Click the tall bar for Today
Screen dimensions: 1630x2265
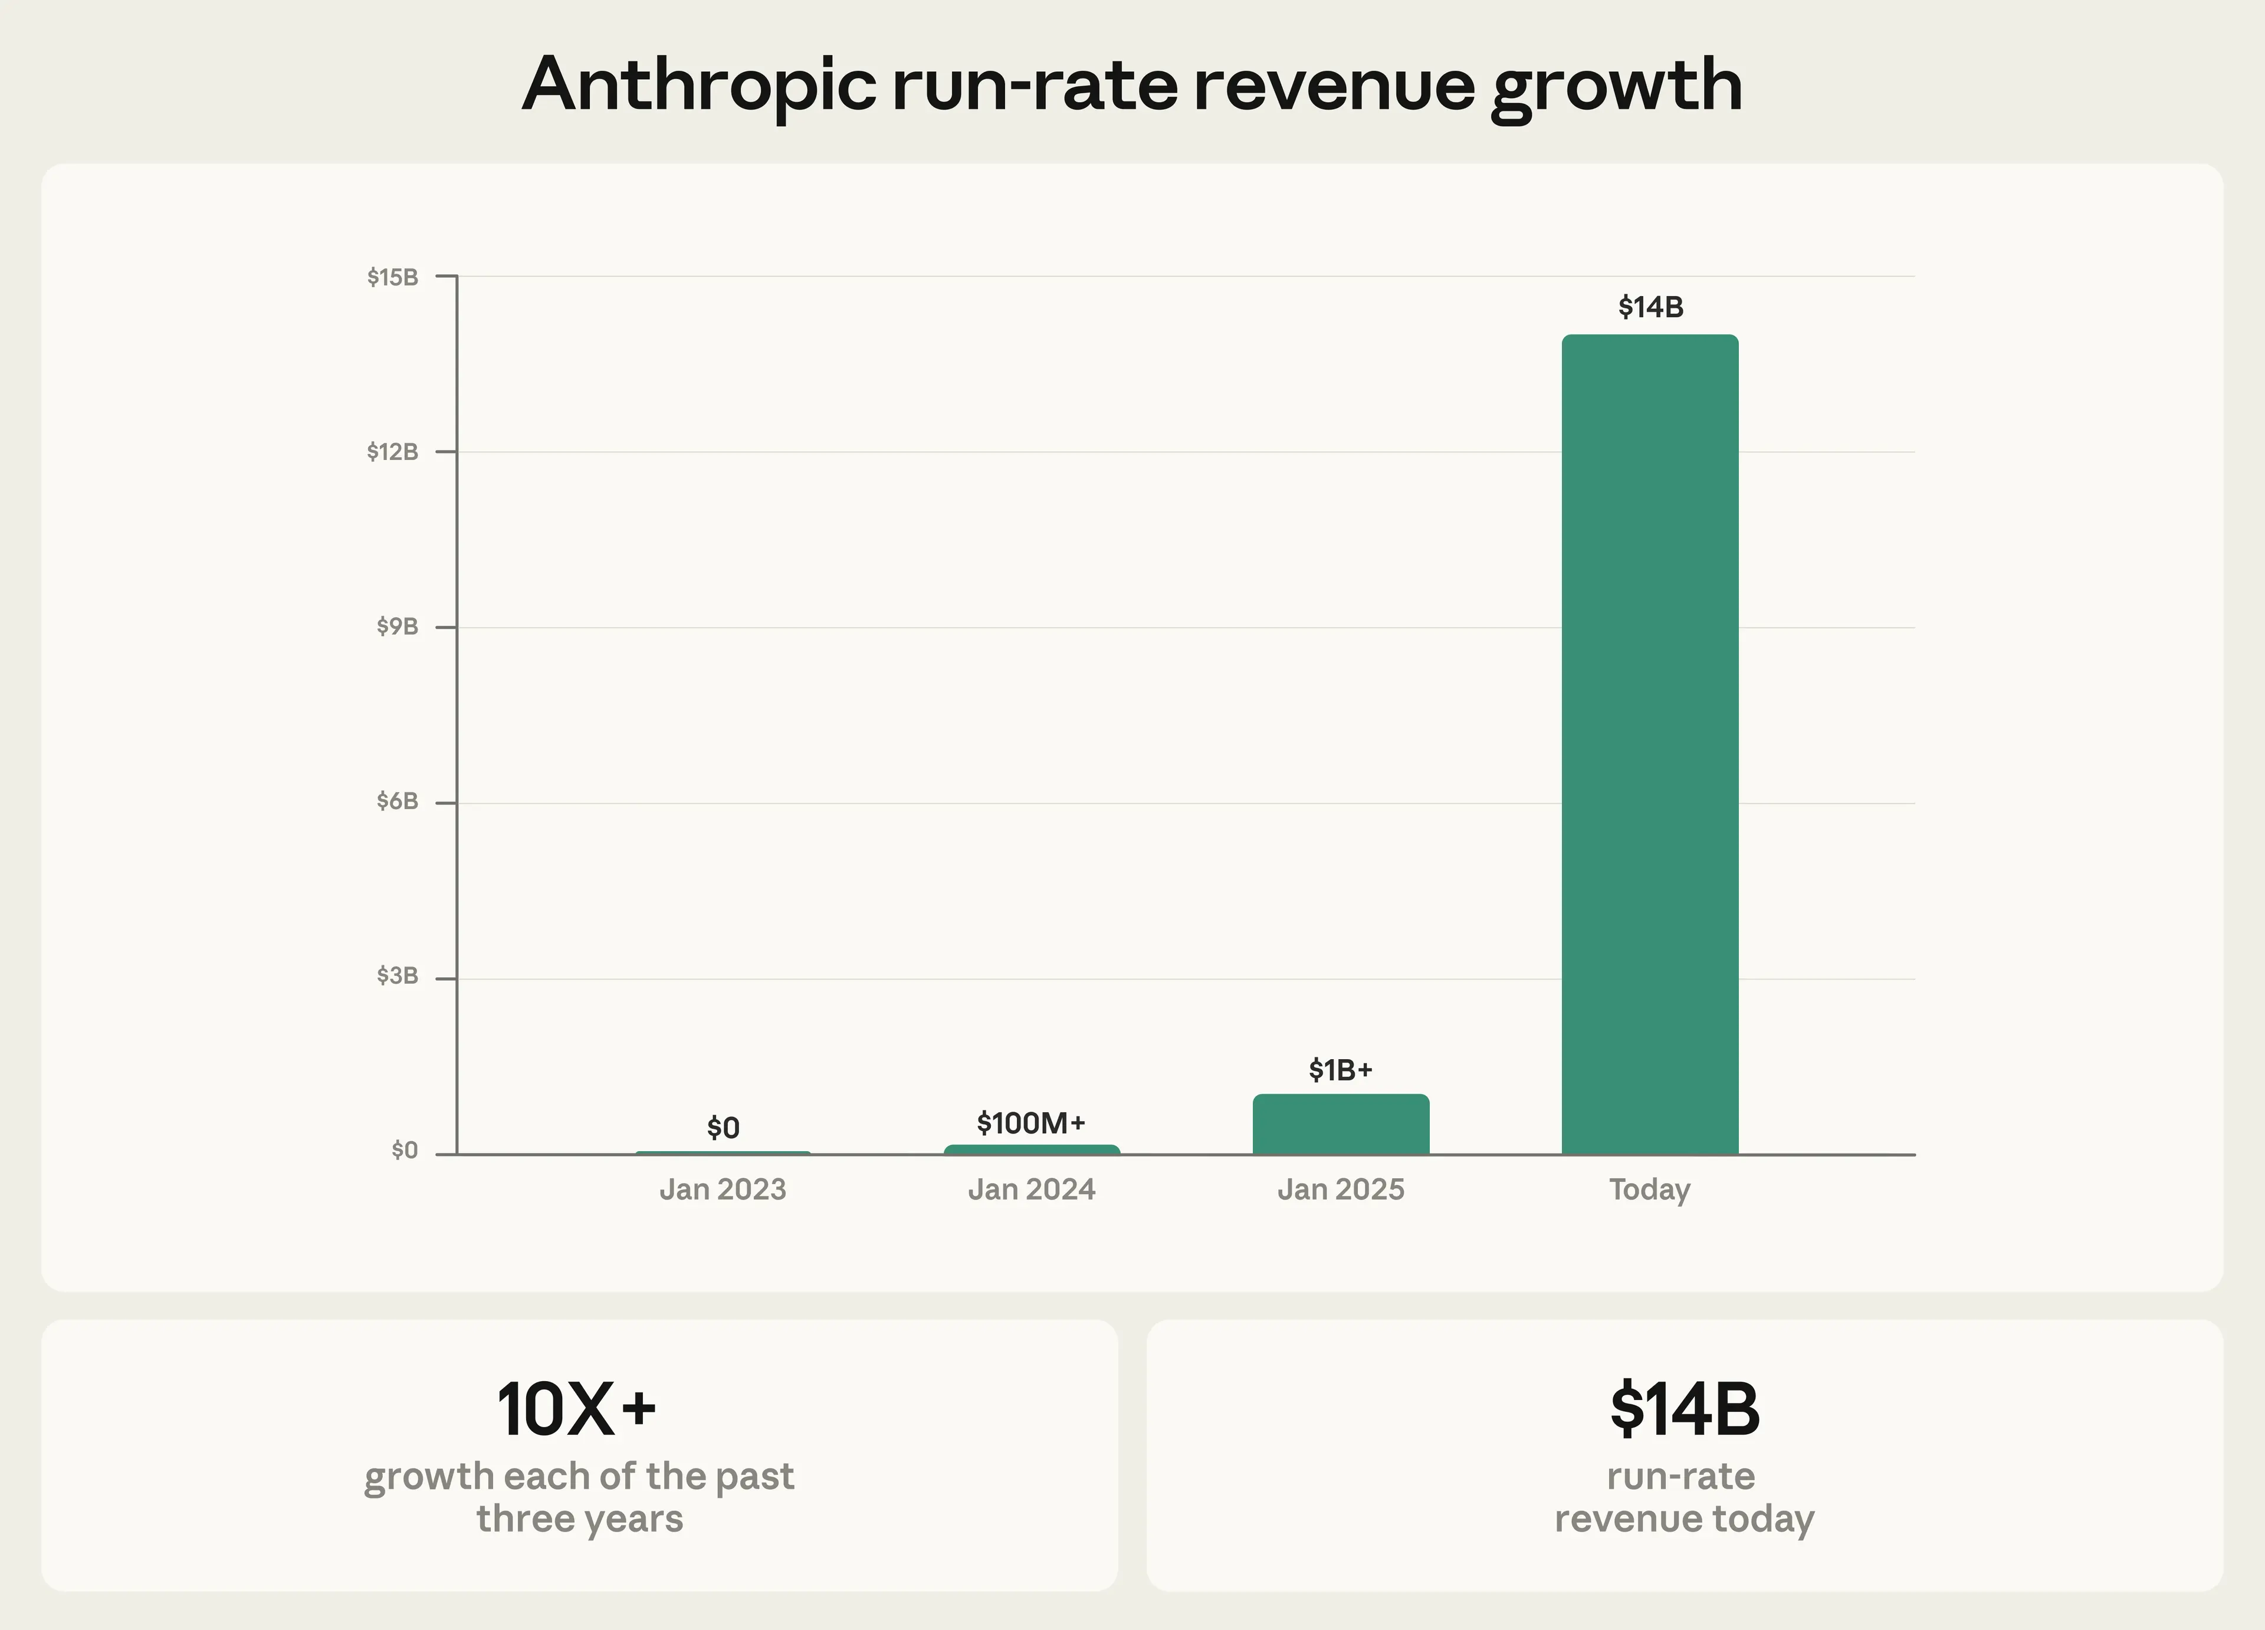(1650, 744)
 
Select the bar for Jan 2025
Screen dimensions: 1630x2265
(1340, 1125)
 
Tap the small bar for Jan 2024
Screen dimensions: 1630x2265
(1032, 1149)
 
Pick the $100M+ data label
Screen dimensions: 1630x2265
(1030, 1123)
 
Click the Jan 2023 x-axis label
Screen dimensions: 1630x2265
(723, 1189)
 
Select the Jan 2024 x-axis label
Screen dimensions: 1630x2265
(1032, 1189)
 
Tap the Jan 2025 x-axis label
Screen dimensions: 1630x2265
(1340, 1189)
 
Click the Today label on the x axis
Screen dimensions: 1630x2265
(1650, 1189)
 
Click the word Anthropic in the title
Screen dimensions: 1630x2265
(699, 85)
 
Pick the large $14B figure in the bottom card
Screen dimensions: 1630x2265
(1685, 1409)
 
